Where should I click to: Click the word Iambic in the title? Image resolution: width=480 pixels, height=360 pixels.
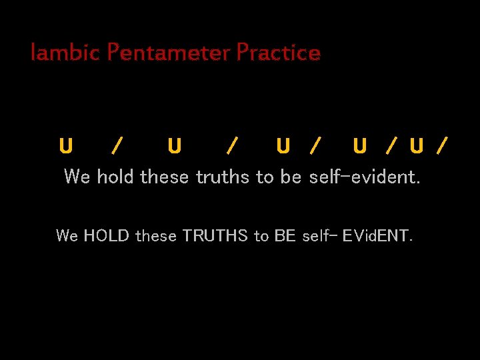(x=64, y=52)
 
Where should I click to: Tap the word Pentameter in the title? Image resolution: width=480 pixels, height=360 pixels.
(x=167, y=52)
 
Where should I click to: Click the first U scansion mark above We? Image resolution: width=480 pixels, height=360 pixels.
(x=66, y=145)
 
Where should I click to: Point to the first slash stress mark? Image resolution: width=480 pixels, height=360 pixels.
(x=117, y=145)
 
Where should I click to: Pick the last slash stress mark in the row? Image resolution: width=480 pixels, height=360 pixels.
(x=441, y=145)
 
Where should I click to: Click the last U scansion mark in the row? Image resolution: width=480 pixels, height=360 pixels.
(x=417, y=145)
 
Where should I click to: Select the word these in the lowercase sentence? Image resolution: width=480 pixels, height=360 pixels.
(x=165, y=177)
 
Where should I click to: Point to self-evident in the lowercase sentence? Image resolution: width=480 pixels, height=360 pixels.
(x=365, y=177)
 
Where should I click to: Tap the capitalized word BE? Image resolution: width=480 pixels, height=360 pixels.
(x=285, y=235)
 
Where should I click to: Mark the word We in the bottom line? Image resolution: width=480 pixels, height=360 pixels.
(x=67, y=235)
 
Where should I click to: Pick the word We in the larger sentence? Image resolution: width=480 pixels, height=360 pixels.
(x=77, y=177)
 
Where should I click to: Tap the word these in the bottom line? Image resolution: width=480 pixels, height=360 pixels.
(x=156, y=235)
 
